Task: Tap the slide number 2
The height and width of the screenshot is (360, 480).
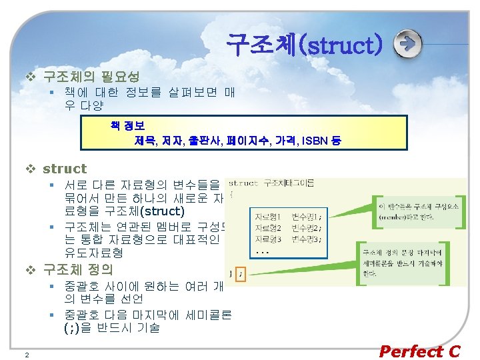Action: [26, 354]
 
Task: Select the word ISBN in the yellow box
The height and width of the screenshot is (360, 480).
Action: [313, 140]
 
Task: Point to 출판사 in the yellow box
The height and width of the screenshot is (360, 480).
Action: [203, 140]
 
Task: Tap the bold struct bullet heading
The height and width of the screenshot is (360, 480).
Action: [65, 169]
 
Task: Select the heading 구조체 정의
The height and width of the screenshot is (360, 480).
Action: [78, 269]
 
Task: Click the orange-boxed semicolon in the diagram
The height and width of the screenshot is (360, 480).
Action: [241, 273]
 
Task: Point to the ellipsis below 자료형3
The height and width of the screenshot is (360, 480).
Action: [263, 253]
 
